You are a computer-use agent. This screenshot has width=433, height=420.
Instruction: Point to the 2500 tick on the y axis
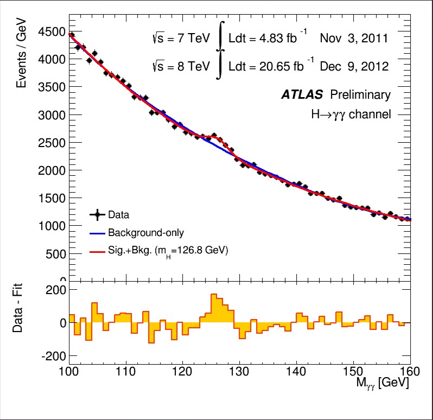coord(52,143)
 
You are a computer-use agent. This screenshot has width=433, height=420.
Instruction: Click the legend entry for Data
coord(118,215)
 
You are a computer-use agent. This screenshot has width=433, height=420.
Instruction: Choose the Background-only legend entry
coord(145,233)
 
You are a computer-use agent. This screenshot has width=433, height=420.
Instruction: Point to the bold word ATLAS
coord(302,95)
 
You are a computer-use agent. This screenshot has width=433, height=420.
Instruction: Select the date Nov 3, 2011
coord(354,39)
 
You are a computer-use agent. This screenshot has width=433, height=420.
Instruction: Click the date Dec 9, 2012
coord(354,67)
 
